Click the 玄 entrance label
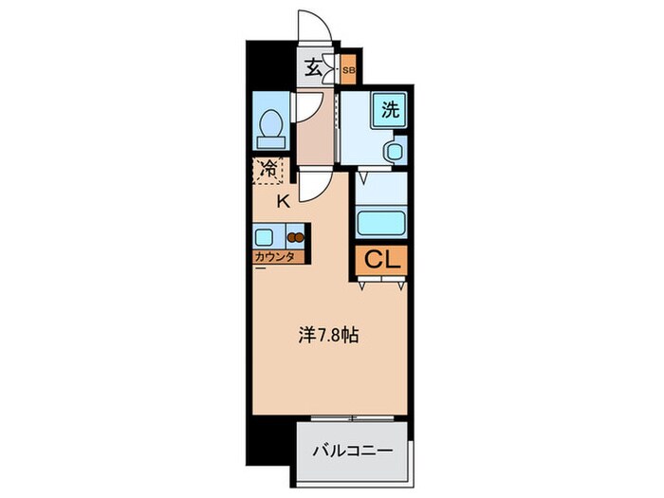click(313, 69)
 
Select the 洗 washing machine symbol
click(390, 108)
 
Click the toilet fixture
click(268, 126)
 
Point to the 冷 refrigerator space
click(269, 171)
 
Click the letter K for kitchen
click(283, 200)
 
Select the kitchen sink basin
click(265, 235)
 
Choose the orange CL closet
click(383, 259)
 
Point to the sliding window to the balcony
click(351, 418)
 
